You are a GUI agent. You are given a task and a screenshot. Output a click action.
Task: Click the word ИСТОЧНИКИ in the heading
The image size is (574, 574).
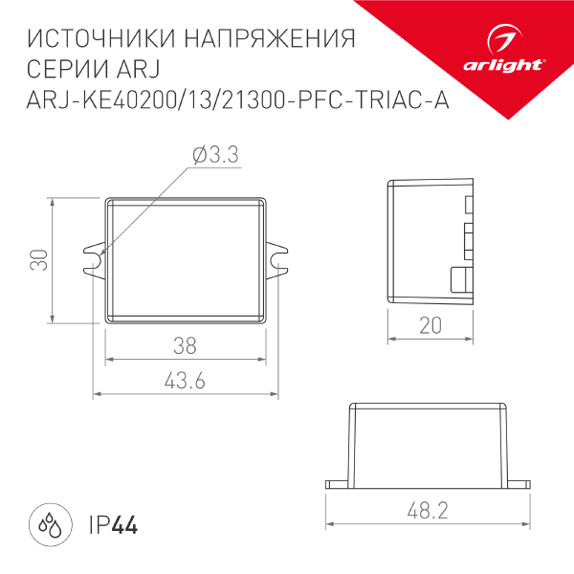pyautogui.click(x=90, y=40)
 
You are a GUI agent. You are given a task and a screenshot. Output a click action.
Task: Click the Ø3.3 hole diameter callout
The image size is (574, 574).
pyautogui.click(x=214, y=156)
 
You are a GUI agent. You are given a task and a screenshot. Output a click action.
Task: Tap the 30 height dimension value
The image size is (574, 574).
pyautogui.click(x=37, y=260)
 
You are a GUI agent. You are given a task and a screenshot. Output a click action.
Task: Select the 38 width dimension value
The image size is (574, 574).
pyautogui.click(x=185, y=345)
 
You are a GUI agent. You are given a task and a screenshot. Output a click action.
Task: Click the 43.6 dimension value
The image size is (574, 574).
pyautogui.click(x=185, y=381)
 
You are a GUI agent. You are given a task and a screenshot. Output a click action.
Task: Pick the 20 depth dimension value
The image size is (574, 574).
pyautogui.click(x=430, y=325)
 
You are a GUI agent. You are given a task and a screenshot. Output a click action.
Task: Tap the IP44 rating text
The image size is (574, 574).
pyautogui.click(x=111, y=525)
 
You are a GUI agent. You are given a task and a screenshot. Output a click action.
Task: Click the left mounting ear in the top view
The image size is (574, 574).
pyautogui.click(x=93, y=259)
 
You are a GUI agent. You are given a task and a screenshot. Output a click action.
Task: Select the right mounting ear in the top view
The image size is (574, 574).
pyautogui.click(x=276, y=259)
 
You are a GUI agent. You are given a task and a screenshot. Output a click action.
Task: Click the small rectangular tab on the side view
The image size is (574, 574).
pyautogui.click(x=460, y=279)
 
